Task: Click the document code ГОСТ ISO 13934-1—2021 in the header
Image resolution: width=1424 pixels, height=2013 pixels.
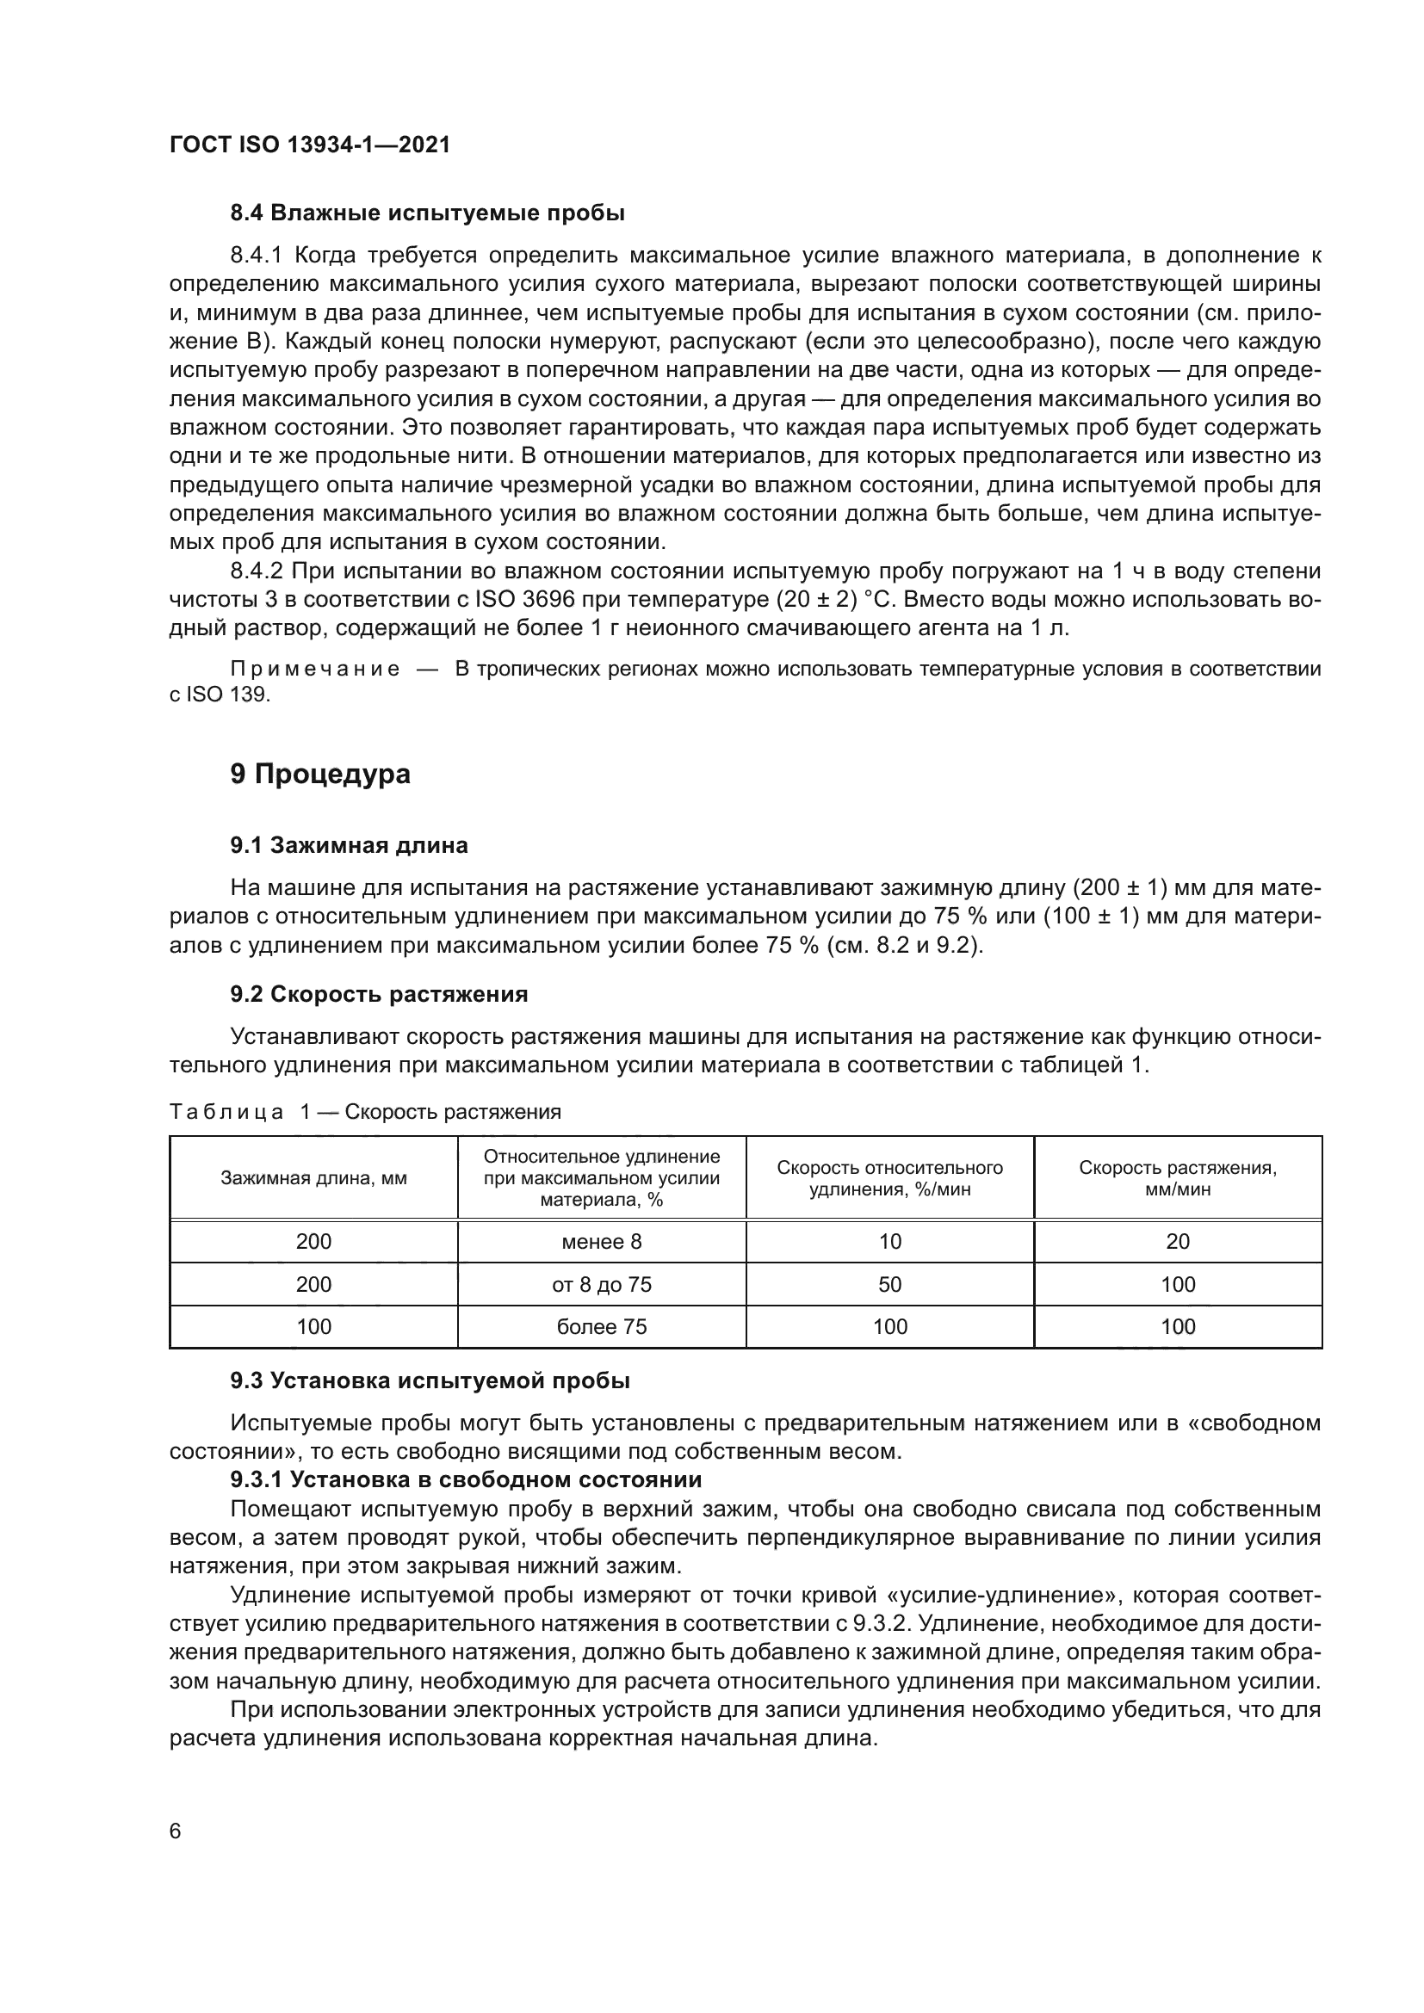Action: pos(310,145)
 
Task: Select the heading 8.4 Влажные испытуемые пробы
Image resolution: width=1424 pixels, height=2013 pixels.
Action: pos(427,213)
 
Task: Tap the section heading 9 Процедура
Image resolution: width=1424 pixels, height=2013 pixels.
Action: pos(320,775)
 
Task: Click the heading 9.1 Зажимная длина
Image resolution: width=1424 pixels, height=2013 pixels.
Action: pos(349,845)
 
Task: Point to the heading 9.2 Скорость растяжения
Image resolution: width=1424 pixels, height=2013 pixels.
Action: pos(379,994)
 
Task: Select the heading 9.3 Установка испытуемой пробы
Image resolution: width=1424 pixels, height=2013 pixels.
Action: pos(430,1380)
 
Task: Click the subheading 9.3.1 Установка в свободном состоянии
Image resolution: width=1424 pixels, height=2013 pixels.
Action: pos(466,1480)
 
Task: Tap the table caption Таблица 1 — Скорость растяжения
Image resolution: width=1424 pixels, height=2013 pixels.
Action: pos(365,1113)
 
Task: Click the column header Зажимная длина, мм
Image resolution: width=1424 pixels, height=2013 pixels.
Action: pos(313,1178)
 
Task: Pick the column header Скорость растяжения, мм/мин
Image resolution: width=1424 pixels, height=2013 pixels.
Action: pos(1178,1178)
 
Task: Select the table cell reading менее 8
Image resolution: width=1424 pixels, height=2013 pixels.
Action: pos(602,1242)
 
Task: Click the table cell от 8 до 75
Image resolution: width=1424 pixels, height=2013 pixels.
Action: pos(602,1284)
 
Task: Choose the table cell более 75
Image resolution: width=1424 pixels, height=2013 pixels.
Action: pos(602,1326)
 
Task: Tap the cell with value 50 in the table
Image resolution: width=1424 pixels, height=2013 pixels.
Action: pos(890,1284)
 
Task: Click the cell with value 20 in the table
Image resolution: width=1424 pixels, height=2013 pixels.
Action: pos(1178,1242)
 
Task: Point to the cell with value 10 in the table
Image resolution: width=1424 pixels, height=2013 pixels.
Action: pos(890,1242)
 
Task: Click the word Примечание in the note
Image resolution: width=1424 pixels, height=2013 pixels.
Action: pos(315,670)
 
